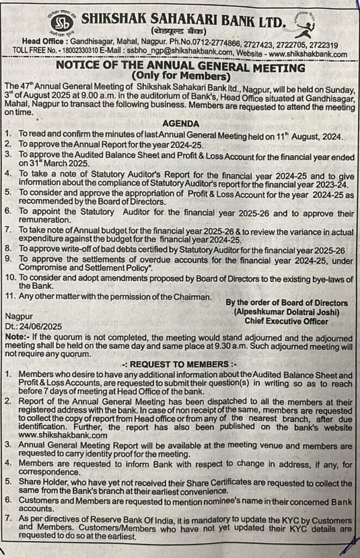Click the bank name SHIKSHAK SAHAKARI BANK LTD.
tap(183, 21)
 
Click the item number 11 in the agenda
tap(9, 297)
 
